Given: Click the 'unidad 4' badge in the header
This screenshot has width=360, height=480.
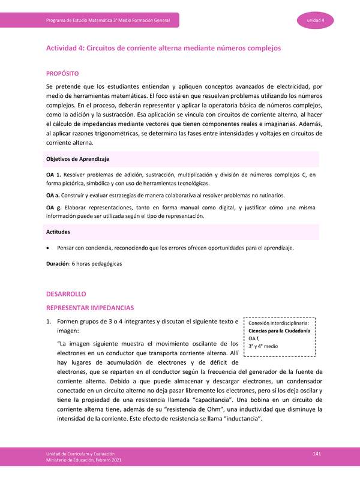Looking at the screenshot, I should (x=316, y=21).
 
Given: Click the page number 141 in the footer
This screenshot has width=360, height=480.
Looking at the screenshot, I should (x=317, y=453).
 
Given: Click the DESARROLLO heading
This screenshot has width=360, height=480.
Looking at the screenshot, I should (x=67, y=295).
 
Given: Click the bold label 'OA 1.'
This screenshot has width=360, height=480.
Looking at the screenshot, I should (x=55, y=175).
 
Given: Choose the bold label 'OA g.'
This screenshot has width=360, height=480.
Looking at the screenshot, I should (x=55, y=208).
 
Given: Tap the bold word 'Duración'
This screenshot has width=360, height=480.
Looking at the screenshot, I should (x=58, y=263).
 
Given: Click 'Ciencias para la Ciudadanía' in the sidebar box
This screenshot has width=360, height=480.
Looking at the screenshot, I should (x=279, y=331).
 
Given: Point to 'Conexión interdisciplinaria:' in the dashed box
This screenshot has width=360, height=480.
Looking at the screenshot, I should (x=279, y=323).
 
